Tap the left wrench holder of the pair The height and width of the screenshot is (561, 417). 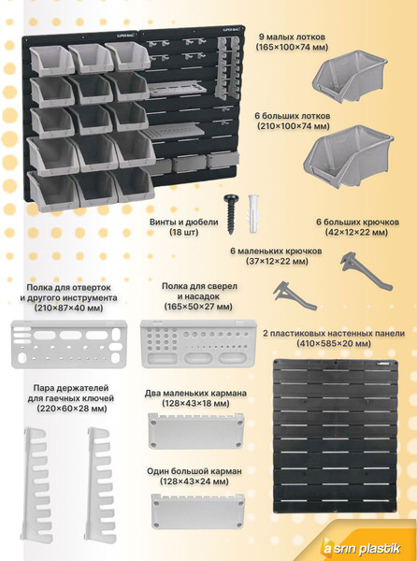(x=38, y=467)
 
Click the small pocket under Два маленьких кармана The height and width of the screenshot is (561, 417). (x=197, y=432)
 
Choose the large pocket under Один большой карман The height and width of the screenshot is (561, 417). (x=197, y=511)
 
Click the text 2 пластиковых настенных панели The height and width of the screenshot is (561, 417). (x=334, y=332)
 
